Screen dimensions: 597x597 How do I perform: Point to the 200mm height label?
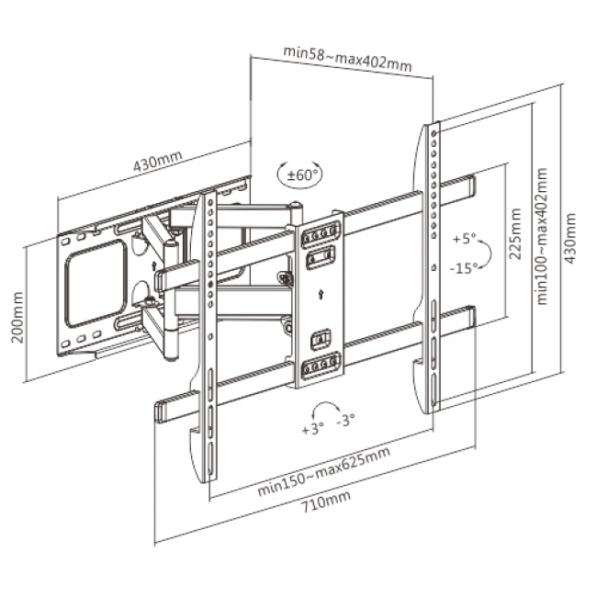15,318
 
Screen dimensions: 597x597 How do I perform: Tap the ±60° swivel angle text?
303,173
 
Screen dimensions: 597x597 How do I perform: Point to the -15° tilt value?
465,268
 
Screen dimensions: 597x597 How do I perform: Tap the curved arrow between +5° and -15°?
486,253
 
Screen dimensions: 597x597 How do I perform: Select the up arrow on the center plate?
318,295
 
